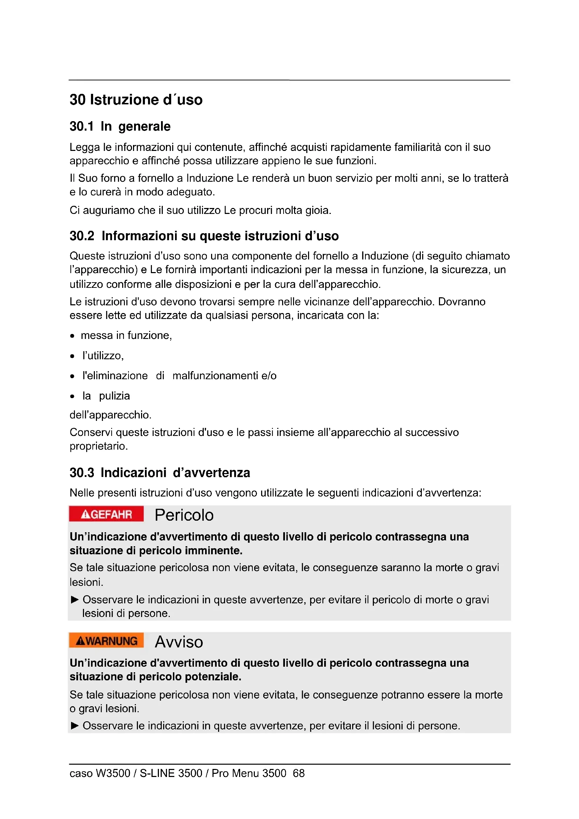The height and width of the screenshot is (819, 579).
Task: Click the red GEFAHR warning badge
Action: click(106, 514)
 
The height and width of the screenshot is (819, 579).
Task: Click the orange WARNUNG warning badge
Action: click(106, 640)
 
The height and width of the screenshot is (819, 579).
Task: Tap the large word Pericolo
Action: click(184, 515)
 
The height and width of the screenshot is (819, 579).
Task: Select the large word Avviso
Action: click(179, 642)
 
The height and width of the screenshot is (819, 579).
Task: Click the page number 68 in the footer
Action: click(298, 773)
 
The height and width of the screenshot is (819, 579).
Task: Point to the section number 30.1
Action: click(82, 127)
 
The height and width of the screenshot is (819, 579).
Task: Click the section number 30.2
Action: click(82, 236)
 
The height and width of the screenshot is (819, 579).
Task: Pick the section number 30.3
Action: click(82, 473)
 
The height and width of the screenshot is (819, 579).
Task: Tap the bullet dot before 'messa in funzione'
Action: click(72, 336)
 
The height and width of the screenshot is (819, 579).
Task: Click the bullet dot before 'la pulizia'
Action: click(72, 396)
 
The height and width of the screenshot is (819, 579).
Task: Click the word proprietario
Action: click(98, 446)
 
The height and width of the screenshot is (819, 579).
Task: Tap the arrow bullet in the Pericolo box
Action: click(75, 599)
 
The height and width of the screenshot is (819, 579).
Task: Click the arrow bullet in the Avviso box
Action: click(75, 726)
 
